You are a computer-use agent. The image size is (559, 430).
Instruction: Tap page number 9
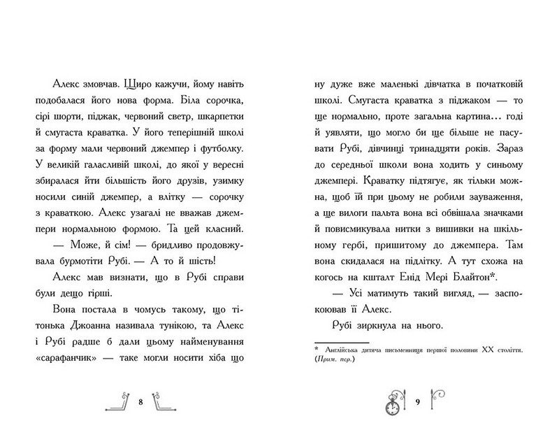coord(417,403)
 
